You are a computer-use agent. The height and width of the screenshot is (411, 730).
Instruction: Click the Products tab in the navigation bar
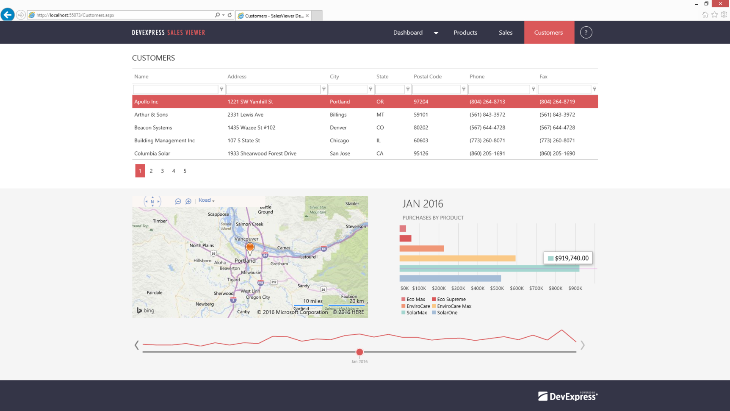465,33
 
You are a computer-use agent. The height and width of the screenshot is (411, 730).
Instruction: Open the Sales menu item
505,33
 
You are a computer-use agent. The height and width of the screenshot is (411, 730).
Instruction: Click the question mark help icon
586,33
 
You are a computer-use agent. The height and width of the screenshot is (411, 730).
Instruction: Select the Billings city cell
338,114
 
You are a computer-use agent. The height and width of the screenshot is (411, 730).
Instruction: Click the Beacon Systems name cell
153,128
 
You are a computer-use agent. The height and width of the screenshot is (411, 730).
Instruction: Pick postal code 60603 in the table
420,140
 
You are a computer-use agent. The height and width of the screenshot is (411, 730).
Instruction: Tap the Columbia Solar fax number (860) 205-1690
557,153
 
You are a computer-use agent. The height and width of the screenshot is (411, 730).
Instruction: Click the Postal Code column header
427,77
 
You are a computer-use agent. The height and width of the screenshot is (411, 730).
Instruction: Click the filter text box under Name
175,89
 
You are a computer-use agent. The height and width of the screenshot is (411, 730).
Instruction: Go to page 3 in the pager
162,171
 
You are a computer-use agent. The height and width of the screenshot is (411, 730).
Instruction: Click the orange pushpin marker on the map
250,247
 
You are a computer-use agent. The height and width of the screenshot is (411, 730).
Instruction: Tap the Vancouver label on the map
246,239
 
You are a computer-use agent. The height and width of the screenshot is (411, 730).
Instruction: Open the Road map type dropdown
206,200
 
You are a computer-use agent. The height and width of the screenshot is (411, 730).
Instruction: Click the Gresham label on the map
279,264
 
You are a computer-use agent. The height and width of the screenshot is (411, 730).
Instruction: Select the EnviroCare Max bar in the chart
457,258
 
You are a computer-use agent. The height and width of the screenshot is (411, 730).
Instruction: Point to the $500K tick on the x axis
497,288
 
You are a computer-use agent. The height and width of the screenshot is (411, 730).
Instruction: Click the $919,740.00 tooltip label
568,258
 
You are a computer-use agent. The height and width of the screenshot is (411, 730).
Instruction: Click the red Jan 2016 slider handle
359,352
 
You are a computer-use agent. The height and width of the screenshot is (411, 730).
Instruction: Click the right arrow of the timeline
582,345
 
